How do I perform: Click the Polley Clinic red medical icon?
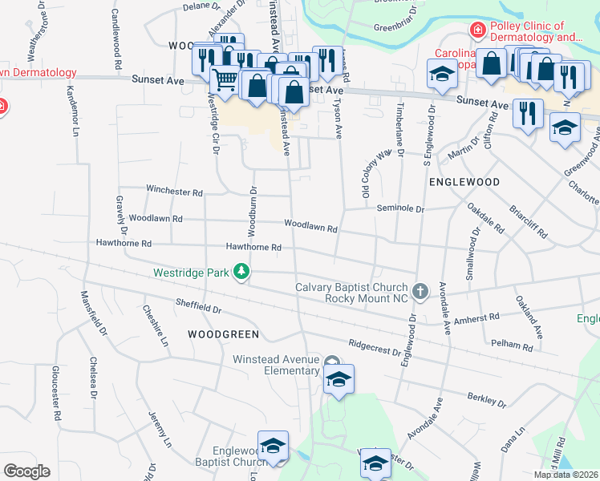478,30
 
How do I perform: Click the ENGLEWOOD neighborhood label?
464,182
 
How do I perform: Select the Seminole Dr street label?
400,208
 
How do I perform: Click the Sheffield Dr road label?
198,305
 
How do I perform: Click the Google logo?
26,471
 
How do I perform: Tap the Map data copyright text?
565,475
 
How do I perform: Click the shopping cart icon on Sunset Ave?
225,79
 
